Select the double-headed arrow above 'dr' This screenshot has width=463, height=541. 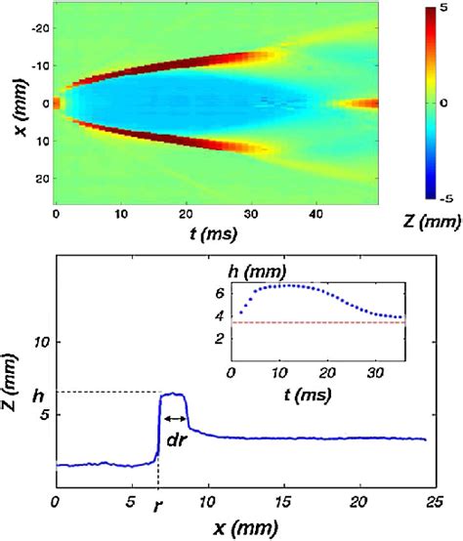tap(174, 418)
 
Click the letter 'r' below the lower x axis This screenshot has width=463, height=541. tap(158, 510)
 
